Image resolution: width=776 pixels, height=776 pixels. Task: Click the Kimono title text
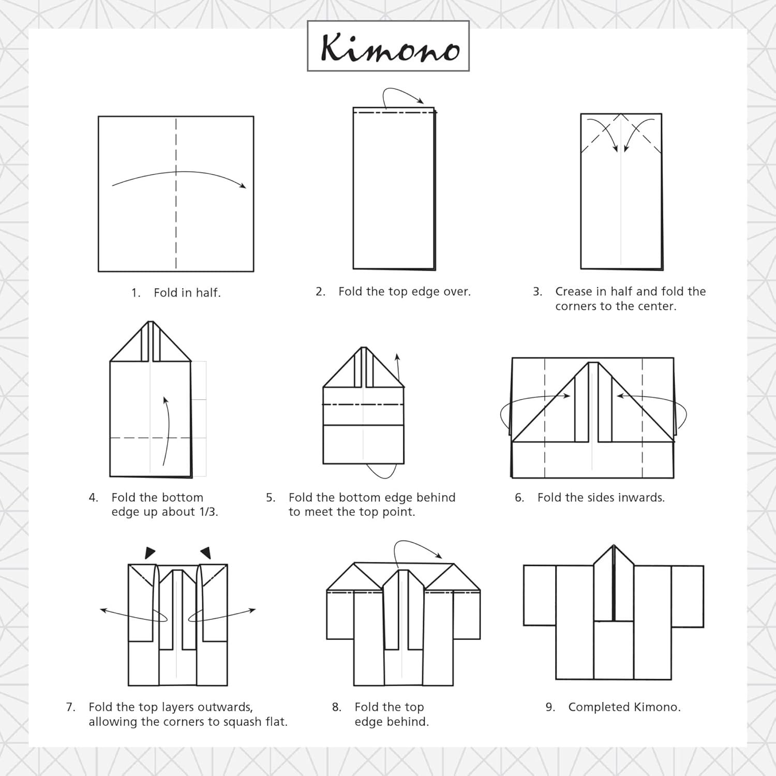tap(390, 48)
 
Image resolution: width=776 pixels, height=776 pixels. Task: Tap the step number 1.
tap(136, 293)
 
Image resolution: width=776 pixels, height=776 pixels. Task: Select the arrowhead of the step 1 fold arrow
tap(242, 185)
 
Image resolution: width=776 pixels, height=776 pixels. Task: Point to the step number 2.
tap(320, 292)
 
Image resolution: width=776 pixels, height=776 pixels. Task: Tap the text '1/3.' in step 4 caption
tap(207, 512)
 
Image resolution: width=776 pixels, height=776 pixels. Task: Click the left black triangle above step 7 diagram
tap(150, 553)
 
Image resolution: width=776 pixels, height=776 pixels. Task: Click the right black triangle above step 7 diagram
tap(206, 553)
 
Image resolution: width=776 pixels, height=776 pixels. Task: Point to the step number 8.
tap(337, 707)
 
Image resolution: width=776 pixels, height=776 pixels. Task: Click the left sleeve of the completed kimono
tap(540, 595)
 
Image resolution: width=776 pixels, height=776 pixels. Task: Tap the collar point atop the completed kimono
tap(614, 545)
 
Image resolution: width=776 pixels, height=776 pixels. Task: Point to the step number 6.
tap(519, 498)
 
